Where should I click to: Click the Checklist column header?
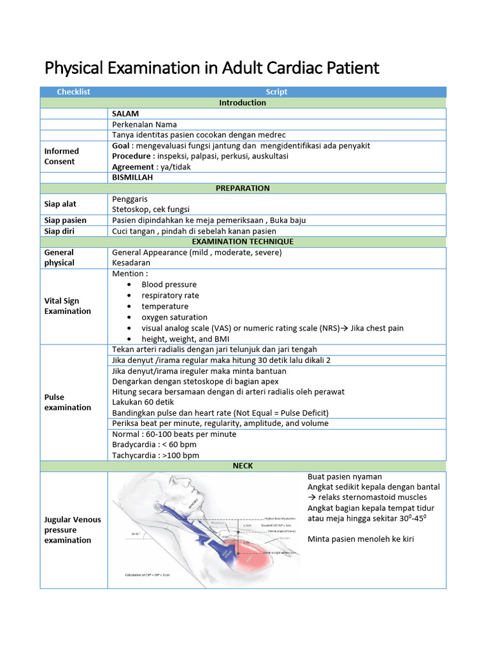tap(73, 92)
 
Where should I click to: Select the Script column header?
tap(276, 92)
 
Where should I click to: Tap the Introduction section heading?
tap(243, 103)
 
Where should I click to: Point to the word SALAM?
tap(125, 113)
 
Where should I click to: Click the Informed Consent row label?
tap(62, 156)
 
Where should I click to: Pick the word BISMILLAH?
tap(132, 178)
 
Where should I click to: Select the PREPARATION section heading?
tap(243, 188)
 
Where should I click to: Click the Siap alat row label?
tap(61, 204)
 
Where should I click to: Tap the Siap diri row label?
tap(60, 231)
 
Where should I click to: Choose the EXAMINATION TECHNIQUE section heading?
tap(243, 242)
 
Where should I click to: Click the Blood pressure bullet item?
tap(169, 285)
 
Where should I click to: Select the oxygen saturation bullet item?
tap(174, 317)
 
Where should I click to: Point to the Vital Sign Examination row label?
tap(67, 306)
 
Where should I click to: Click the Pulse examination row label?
tap(67, 402)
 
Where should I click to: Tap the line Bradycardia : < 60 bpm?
tap(153, 445)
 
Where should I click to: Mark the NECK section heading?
tap(243, 466)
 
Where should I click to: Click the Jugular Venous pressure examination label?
tap(73, 530)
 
